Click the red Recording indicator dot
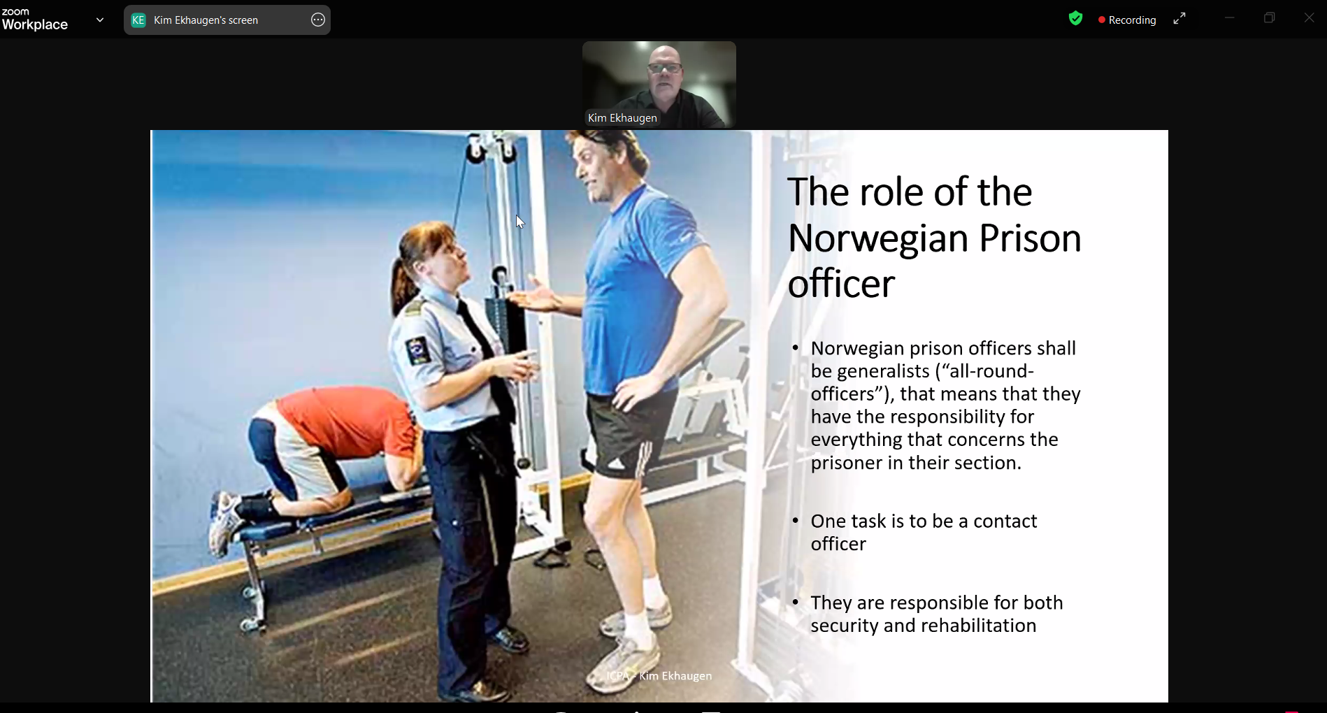tap(1102, 20)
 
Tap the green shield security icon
tap(1075, 19)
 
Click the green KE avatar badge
tap(138, 20)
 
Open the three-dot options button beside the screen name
tap(318, 20)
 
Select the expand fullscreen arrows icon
tap(1179, 19)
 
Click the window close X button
tap(1309, 18)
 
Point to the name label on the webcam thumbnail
tap(622, 118)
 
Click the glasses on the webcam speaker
tap(665, 68)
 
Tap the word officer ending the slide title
tap(841, 283)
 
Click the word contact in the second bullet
tap(1005, 521)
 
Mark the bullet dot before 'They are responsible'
tap(796, 603)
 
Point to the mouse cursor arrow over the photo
tap(519, 222)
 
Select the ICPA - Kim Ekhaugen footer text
tap(659, 676)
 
